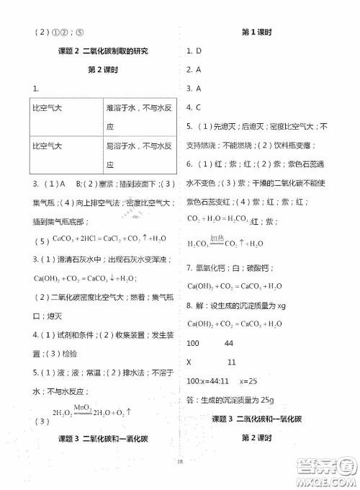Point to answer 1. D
point(193,51)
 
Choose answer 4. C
point(193,107)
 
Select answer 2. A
point(193,70)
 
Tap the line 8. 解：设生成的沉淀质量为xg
point(240,306)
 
